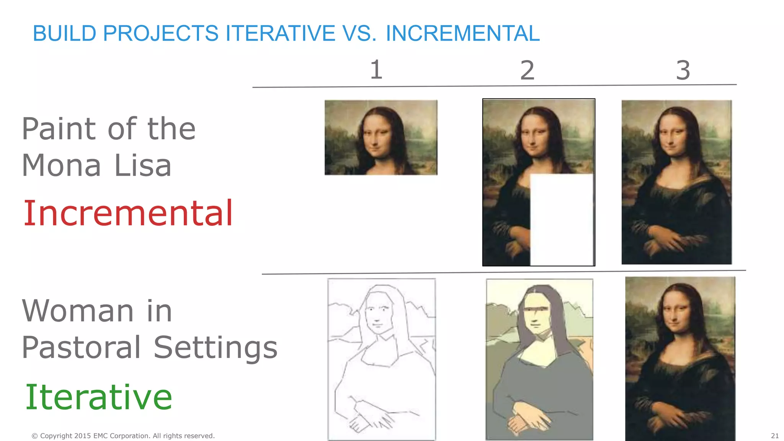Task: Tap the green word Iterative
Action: click(x=98, y=397)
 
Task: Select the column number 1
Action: click(x=376, y=70)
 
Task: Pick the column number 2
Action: click(x=527, y=70)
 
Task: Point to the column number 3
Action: click(x=683, y=70)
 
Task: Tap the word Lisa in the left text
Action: click(x=143, y=165)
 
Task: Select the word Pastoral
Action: click(x=82, y=347)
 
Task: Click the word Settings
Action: click(x=216, y=347)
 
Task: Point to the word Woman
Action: click(x=78, y=310)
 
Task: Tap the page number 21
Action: click(x=775, y=436)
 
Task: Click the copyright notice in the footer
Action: click(x=123, y=436)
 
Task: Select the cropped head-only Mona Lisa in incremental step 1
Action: click(x=381, y=138)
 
